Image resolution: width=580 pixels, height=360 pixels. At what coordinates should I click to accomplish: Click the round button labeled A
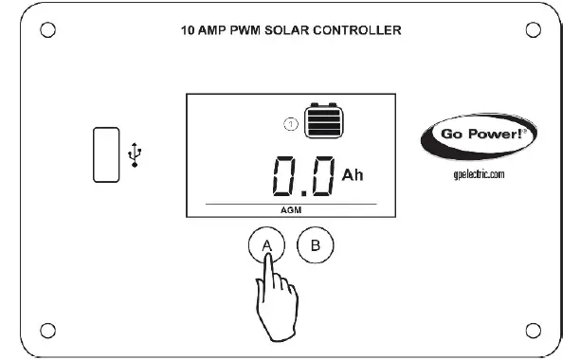click(268, 245)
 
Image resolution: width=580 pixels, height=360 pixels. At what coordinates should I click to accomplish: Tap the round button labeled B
click(317, 245)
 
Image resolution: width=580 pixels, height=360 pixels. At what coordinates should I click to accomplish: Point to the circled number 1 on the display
click(291, 123)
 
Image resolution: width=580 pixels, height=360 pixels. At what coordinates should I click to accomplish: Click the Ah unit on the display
click(352, 175)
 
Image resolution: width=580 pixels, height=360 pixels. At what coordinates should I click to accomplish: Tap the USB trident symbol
click(136, 153)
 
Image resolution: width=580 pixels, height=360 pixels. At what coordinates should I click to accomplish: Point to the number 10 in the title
click(188, 30)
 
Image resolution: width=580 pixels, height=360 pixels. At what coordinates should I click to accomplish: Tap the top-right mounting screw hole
click(535, 27)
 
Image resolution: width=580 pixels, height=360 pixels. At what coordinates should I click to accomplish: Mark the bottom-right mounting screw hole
click(535, 330)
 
